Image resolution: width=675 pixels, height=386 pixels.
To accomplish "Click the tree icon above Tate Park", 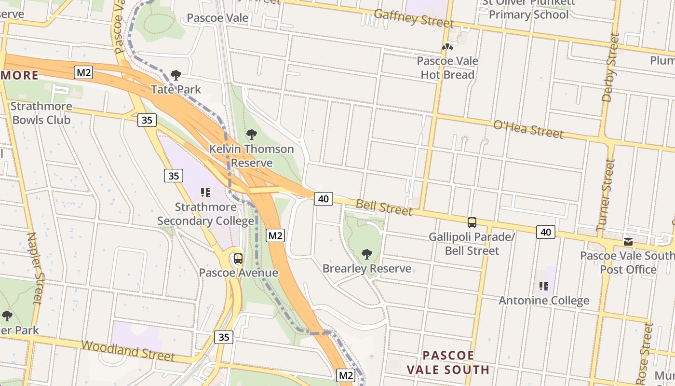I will pos(176,75).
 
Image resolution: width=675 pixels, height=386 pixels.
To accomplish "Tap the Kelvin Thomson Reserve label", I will pos(251,155).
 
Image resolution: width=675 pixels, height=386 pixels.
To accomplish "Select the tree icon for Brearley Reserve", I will pos(367,254).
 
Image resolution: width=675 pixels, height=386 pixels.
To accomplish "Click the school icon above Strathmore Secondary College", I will pos(205,193).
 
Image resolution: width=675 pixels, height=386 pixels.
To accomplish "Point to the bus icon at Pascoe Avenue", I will pos(238,259).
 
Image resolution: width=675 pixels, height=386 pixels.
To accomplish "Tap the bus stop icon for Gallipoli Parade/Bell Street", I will pos(472,222).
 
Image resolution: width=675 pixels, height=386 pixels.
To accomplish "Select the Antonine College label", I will pos(544,301).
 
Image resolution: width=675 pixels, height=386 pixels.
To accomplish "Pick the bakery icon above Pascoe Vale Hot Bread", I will pos(447,47).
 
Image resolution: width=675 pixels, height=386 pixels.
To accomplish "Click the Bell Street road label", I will pos(384,207).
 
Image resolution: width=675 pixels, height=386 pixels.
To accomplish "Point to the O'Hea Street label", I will pos(528,129).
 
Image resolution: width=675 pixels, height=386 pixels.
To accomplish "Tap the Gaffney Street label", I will pos(414,18).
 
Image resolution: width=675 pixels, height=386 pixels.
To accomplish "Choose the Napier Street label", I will pos(35,268).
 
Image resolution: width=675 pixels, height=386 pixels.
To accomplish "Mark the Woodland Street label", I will pos(128,351).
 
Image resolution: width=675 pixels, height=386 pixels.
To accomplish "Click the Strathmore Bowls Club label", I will pos(41,113).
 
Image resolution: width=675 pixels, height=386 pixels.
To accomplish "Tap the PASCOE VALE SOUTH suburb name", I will pos(448,363).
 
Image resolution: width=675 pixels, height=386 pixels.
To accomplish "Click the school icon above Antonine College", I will pos(544,286).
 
